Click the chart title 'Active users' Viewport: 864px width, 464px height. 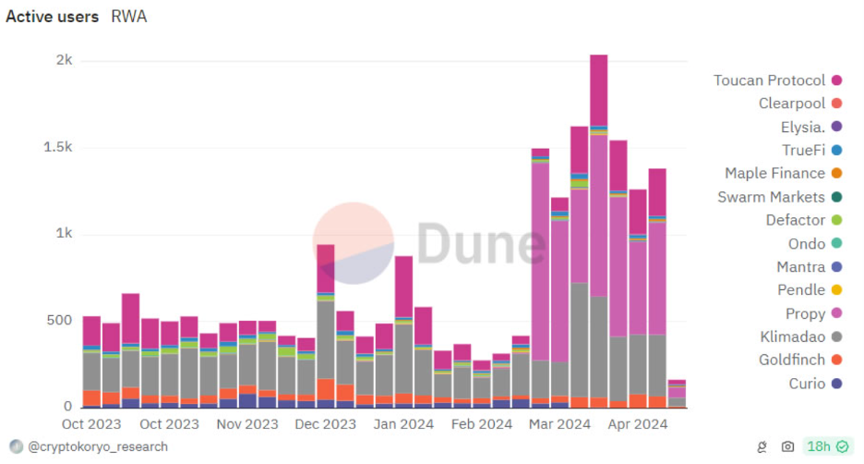tap(53, 17)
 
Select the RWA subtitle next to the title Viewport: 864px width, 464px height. tap(128, 17)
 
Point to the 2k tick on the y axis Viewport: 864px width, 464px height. tap(64, 60)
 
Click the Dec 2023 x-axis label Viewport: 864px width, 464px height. tap(325, 424)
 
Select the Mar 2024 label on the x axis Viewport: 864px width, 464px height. tap(559, 424)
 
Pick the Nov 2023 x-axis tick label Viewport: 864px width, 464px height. tap(246, 424)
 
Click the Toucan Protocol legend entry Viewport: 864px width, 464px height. tap(769, 80)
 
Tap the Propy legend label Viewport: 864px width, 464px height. tap(805, 313)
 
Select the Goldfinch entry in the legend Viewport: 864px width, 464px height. tap(791, 360)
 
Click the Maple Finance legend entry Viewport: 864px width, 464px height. tap(774, 173)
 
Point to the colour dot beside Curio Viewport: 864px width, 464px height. tap(836, 384)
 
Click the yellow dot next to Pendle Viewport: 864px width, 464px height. tap(836, 290)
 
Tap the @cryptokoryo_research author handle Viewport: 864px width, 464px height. tap(97, 446)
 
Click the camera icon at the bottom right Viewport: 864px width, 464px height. tap(787, 447)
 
